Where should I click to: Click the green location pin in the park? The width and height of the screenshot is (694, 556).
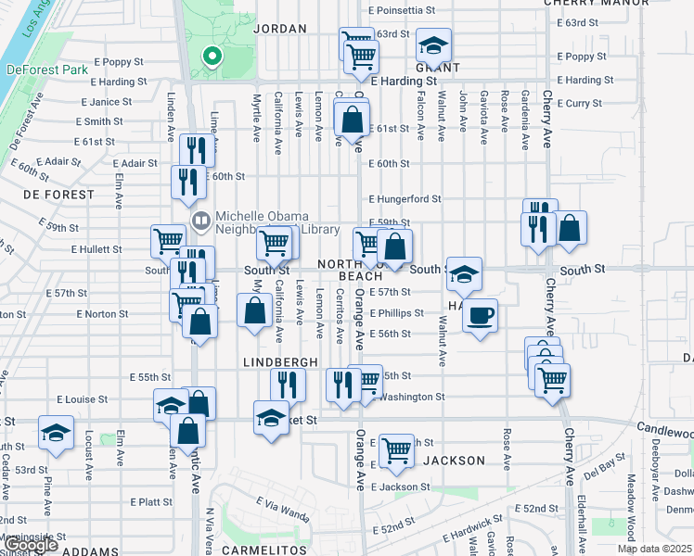pyautogui.click(x=212, y=57)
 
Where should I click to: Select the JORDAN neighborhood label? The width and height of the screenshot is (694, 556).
pyautogui.click(x=279, y=29)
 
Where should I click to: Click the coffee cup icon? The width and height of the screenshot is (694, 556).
pyautogui.click(x=480, y=316)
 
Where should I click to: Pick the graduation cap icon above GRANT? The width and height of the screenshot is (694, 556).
pyautogui.click(x=431, y=44)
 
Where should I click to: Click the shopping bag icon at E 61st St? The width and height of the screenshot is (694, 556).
pyautogui.click(x=352, y=120)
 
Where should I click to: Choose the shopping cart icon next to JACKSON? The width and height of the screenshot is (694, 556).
pyautogui.click(x=397, y=450)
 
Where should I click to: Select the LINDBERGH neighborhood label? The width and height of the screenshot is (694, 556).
pyautogui.click(x=281, y=361)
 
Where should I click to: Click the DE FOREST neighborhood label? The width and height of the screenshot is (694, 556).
pyautogui.click(x=58, y=195)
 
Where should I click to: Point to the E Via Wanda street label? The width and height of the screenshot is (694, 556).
pyautogui.click(x=282, y=506)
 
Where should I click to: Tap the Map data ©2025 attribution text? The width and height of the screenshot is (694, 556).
pyautogui.click(x=655, y=549)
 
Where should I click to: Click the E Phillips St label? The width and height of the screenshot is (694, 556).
pyautogui.click(x=396, y=313)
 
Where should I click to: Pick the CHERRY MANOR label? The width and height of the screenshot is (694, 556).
pyautogui.click(x=609, y=4)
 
